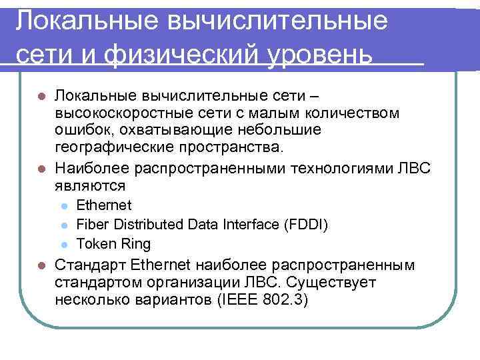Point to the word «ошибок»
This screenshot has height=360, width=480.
point(81,129)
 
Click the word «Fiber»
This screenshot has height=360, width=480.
point(91,224)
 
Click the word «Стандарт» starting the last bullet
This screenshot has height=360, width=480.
point(91,265)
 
